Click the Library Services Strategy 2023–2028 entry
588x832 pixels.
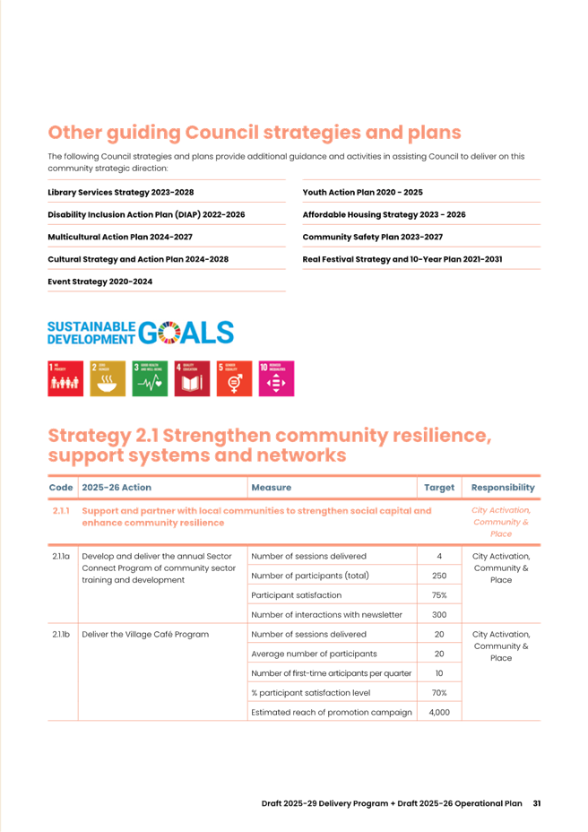click(120, 192)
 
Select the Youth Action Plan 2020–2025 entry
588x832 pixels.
click(362, 192)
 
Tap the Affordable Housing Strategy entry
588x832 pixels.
click(384, 214)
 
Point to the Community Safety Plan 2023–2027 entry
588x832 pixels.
click(372, 237)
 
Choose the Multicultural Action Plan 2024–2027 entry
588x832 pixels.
click(119, 237)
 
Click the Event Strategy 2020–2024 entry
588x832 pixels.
click(99, 282)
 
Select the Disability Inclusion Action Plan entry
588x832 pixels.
click(145, 214)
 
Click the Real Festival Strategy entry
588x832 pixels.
click(402, 259)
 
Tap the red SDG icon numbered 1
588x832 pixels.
click(65, 378)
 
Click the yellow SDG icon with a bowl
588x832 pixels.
click(108, 378)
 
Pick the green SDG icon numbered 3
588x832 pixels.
click(150, 378)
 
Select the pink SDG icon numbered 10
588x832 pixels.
click(276, 378)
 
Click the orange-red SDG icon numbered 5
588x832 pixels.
click(234, 378)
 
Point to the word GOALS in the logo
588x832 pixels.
click(186, 334)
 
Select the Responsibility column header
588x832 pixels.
click(502, 488)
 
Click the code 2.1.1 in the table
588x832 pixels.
click(61, 510)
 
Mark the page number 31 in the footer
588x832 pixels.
click(536, 802)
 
